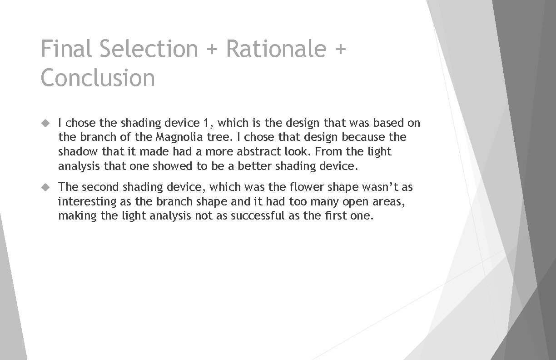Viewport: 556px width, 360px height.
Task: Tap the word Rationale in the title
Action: click(x=276, y=48)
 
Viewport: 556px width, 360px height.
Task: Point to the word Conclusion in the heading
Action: click(x=98, y=77)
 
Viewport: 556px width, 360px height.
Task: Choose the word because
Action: click(x=364, y=137)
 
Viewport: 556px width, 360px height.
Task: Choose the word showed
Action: click(x=172, y=166)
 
